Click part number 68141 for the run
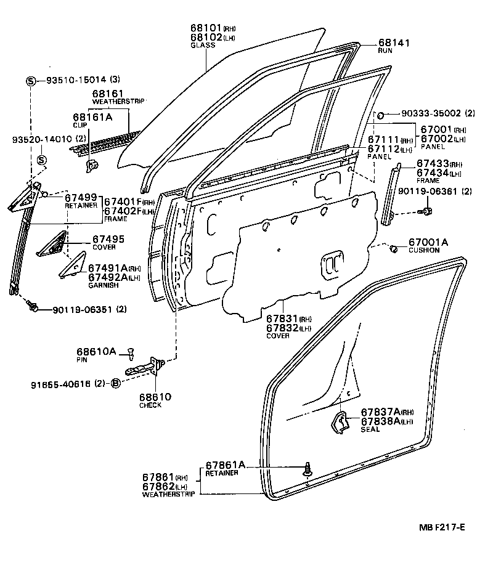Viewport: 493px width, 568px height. (x=393, y=43)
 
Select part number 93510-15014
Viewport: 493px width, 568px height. (x=76, y=80)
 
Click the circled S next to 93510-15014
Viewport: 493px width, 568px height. (x=31, y=81)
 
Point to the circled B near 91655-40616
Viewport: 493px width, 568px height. (x=115, y=383)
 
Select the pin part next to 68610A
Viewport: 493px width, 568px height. (x=131, y=354)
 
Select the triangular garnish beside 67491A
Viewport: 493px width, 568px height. (x=72, y=266)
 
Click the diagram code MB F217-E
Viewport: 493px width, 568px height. (x=441, y=526)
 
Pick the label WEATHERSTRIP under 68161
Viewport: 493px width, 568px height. (x=111, y=102)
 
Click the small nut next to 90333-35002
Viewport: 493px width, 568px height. (x=381, y=115)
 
